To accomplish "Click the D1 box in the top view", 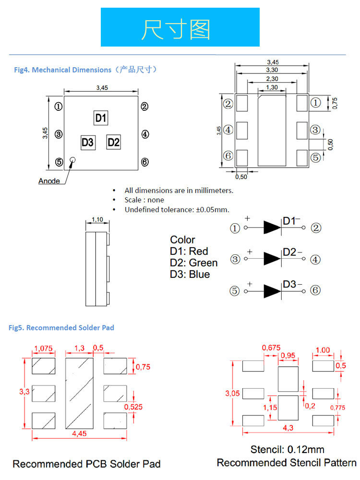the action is [x=101, y=118].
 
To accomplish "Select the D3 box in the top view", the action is [x=88, y=143].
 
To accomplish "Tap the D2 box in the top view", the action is [x=113, y=142].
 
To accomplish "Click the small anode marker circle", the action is [x=72, y=160].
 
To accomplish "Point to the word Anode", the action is [x=49, y=181].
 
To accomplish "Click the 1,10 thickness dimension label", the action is [x=97, y=219].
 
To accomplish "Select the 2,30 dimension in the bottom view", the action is [x=272, y=79].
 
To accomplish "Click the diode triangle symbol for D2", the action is [x=272, y=259].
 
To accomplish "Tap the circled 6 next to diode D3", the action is [x=315, y=290].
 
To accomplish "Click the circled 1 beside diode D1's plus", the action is [x=235, y=228].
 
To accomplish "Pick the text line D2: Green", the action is [x=194, y=263].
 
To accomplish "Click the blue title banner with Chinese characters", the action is [x=180, y=27].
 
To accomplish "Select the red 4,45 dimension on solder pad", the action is [x=79, y=433].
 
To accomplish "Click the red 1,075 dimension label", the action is [x=44, y=348].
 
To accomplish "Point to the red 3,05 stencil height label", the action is [x=232, y=394].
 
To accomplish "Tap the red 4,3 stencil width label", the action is [x=288, y=428].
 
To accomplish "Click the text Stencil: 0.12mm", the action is [x=288, y=449].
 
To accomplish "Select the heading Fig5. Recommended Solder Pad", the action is [x=61, y=327].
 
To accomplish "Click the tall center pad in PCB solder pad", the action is [x=79, y=394].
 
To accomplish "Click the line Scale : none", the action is [x=144, y=200].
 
